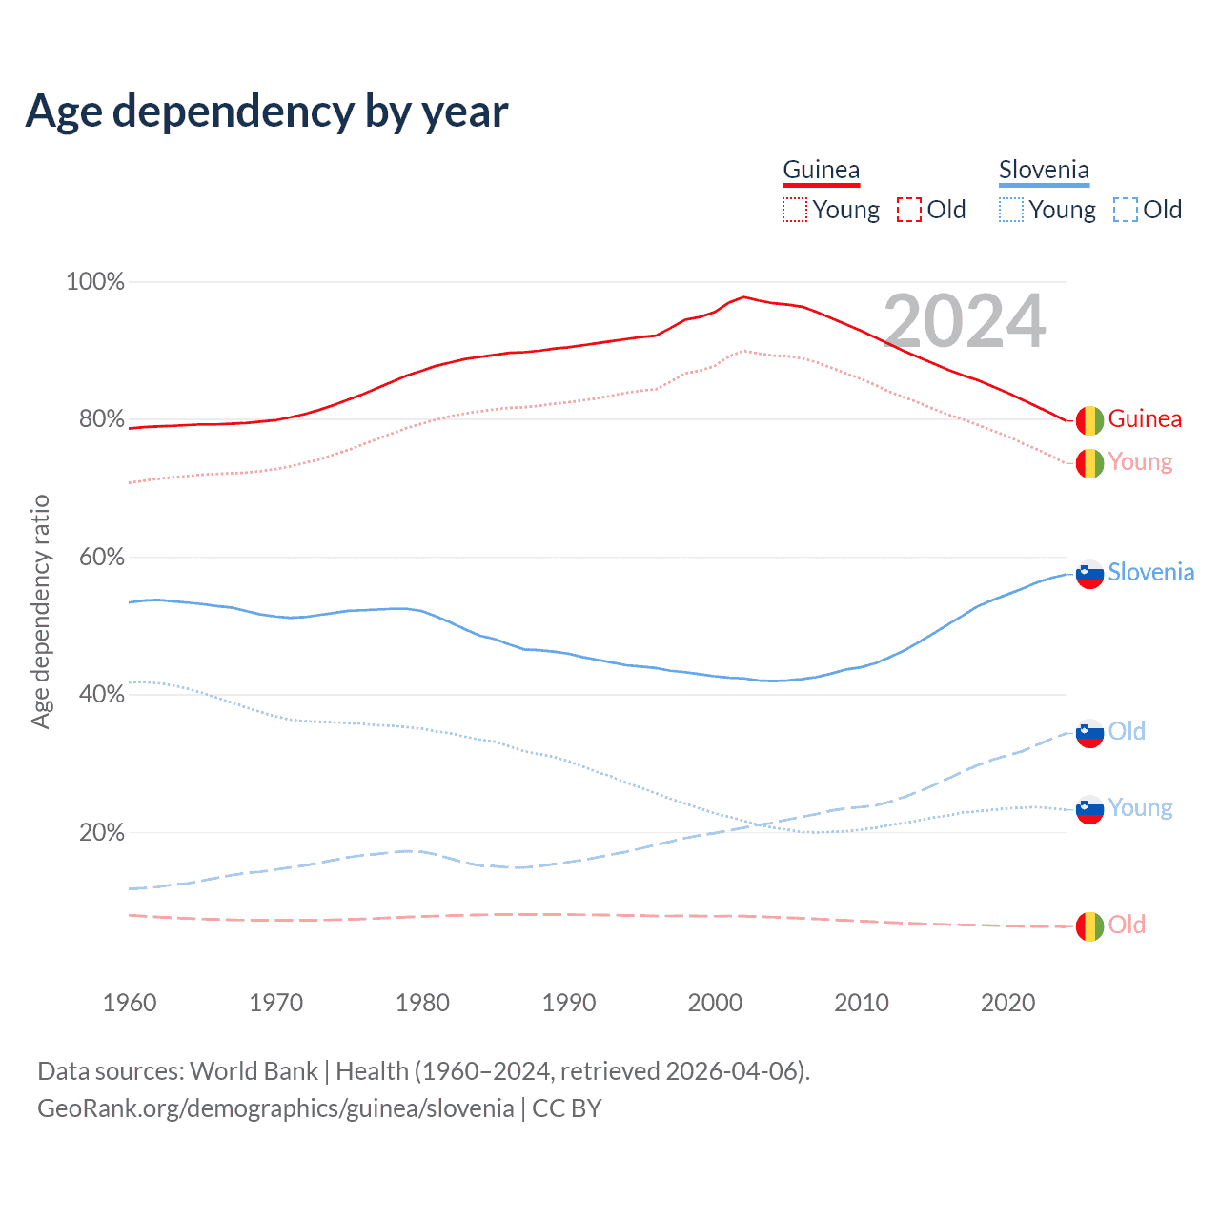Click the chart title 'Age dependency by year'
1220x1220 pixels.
click(x=267, y=112)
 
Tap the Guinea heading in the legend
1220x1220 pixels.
click(x=821, y=170)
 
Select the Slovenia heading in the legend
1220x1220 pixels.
click(x=1044, y=170)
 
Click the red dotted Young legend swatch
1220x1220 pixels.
click(x=794, y=210)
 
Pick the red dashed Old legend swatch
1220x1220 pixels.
click(x=909, y=210)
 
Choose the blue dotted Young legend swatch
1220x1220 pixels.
click(x=1010, y=210)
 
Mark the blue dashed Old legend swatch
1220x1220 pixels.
click(x=1125, y=210)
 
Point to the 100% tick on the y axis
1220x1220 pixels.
click(x=95, y=282)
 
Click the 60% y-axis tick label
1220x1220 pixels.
click(x=101, y=558)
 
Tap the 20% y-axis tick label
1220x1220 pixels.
click(x=101, y=833)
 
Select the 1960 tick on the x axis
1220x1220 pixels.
click(x=130, y=1003)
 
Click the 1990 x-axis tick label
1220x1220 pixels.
click(x=569, y=1003)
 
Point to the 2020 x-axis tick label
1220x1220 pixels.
click(x=1008, y=1003)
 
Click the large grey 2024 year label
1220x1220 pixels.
click(x=965, y=321)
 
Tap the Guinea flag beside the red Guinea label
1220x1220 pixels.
click(x=1089, y=419)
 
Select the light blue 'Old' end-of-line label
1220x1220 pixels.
click(x=1127, y=731)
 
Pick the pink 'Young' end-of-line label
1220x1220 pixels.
click(x=1140, y=462)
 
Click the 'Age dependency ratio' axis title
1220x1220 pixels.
click(x=41, y=611)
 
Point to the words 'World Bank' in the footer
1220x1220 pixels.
click(x=254, y=1071)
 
